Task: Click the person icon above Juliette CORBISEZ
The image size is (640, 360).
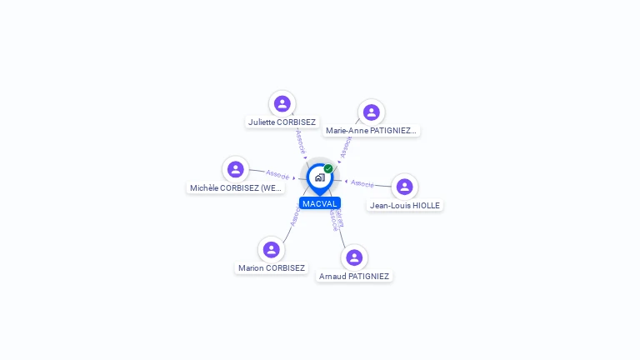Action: click(x=282, y=103)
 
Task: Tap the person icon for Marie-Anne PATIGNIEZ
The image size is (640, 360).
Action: click(x=371, y=112)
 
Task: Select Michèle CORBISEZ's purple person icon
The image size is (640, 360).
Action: click(x=236, y=169)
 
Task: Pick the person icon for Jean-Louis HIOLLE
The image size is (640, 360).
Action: click(x=404, y=187)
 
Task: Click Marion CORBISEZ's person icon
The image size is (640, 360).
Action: click(x=271, y=249)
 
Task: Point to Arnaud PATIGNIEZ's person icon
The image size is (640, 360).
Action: click(x=354, y=257)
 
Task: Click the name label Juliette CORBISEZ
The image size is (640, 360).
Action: click(x=282, y=122)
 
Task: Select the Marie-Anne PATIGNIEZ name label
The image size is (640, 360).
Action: click(x=371, y=131)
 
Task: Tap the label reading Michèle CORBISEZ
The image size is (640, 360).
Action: click(x=237, y=188)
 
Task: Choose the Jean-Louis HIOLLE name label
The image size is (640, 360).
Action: click(x=405, y=205)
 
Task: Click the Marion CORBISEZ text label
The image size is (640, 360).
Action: click(x=272, y=268)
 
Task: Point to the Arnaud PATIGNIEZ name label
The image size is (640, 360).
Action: click(x=354, y=277)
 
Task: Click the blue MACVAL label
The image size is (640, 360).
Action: click(x=320, y=203)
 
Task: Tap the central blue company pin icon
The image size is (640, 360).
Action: click(x=319, y=177)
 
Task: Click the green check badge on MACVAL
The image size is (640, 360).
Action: click(x=328, y=169)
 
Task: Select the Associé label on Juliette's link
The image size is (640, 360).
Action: click(x=301, y=141)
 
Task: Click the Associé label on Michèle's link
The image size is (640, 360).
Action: click(x=277, y=175)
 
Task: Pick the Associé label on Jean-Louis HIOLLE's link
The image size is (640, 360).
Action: click(x=362, y=183)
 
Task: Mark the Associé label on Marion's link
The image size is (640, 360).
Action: click(x=294, y=217)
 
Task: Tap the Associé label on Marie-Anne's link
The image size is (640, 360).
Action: click(x=346, y=147)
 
